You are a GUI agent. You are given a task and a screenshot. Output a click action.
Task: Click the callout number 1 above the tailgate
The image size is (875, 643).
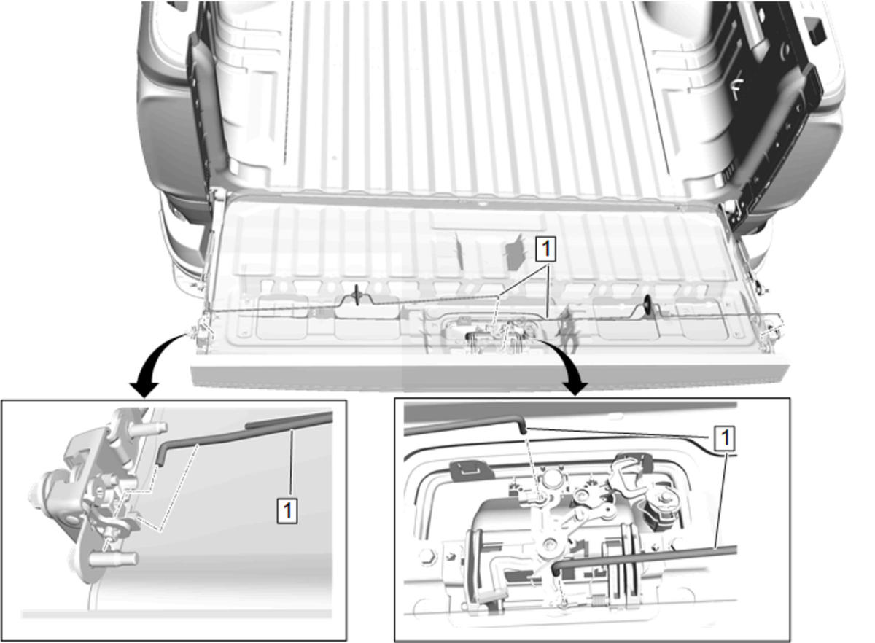coord(545,249)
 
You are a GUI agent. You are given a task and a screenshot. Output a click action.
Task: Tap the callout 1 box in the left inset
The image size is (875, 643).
coord(287,510)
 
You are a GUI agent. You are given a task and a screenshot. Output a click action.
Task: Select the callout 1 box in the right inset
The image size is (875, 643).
coord(725,437)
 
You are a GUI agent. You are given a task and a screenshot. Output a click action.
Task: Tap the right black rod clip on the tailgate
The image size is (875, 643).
coord(648,303)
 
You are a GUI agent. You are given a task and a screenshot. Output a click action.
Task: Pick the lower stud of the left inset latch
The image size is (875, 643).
coord(114,558)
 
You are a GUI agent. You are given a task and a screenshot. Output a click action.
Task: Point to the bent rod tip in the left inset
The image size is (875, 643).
coord(160,456)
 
